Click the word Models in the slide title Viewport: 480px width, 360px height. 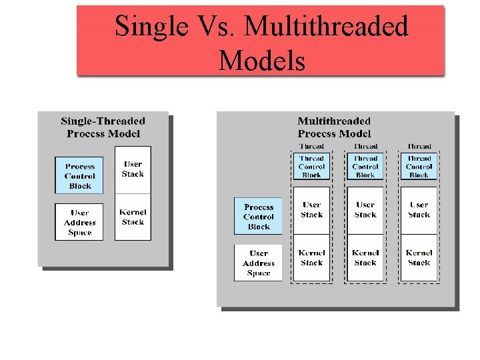point(261,61)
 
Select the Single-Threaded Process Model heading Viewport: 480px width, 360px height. point(103,127)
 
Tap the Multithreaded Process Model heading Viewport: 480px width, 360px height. point(334,127)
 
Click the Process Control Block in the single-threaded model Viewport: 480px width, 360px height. point(79,176)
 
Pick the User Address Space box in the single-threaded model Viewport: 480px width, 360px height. point(79,223)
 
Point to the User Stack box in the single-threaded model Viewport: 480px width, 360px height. point(133,169)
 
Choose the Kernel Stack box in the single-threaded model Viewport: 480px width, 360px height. point(133,217)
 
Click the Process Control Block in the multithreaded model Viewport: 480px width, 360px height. point(258,217)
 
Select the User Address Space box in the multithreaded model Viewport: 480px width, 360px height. point(258,263)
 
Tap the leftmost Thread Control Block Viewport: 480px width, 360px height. point(311,167)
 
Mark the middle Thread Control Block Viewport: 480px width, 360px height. point(365,167)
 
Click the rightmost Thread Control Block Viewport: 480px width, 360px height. point(419,167)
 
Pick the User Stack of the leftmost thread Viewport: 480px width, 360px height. point(311,210)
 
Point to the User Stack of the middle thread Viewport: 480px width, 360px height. point(365,210)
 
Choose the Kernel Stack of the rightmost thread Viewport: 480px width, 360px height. point(419,258)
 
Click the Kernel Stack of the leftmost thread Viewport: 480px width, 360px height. point(311,258)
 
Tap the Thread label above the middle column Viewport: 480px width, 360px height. point(365,146)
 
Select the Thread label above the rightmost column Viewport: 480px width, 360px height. point(419,146)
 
